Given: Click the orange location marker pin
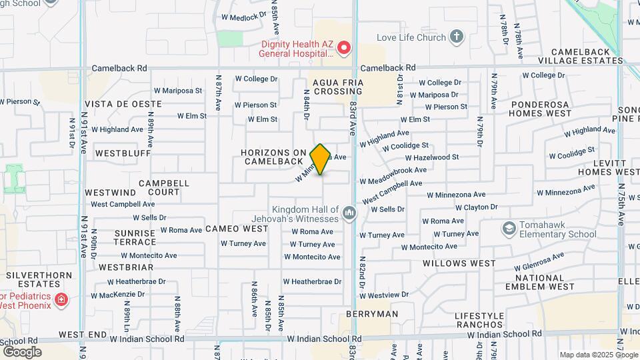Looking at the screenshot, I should [x=320, y=159].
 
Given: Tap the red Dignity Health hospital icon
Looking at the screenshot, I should [x=344, y=48].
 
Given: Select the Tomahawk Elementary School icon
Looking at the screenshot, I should [x=510, y=229].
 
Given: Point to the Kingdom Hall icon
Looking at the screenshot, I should [x=349, y=213].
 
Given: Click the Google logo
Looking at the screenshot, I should [x=22, y=352].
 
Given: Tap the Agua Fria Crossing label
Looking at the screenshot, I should [x=329, y=87].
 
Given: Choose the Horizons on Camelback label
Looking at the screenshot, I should [x=274, y=157].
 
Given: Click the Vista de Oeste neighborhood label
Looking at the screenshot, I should [x=123, y=105].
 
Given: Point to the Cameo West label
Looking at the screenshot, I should [x=237, y=229].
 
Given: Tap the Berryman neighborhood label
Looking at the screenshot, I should [x=372, y=314].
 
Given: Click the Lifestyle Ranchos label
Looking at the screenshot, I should [x=489, y=320].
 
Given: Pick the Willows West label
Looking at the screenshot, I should [x=459, y=263].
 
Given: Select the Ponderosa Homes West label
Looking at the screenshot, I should [x=541, y=109].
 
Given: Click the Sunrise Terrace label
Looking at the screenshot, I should [x=135, y=237].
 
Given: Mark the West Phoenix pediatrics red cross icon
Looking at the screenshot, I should [x=61, y=299].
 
